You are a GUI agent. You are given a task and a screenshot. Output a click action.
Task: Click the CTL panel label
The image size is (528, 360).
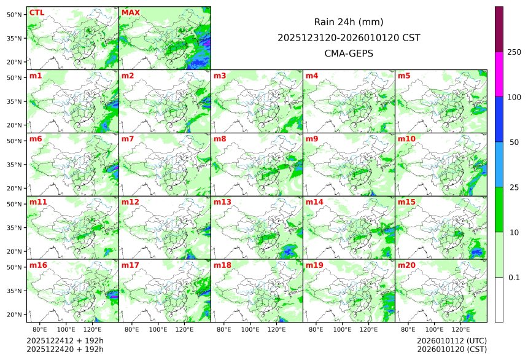pos(37,12)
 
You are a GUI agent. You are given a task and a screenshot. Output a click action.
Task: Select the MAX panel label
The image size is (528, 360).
pos(131,12)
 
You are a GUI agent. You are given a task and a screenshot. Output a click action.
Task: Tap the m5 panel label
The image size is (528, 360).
pos(404,76)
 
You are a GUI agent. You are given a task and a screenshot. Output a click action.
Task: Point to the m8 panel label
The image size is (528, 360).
pos(220,139)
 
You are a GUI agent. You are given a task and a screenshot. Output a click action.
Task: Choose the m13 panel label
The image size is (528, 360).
pos(222,202)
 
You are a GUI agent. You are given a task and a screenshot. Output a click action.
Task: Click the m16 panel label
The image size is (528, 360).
pos(38,265)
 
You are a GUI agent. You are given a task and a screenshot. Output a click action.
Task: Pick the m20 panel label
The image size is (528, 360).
pos(406,265)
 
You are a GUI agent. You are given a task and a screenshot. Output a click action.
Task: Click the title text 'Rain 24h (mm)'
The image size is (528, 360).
pos(349,22)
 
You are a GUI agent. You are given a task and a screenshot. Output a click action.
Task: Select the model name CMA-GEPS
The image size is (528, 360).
pos(349,53)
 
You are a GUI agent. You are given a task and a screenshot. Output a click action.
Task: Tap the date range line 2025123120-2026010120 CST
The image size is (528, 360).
pos(349,37)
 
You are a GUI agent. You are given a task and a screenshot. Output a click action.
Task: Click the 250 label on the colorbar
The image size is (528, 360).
pos(514,52)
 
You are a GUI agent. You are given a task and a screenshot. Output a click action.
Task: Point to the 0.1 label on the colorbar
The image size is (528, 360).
pos(514,277)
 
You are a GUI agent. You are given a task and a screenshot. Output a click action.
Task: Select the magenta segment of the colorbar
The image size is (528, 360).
pos(499,74)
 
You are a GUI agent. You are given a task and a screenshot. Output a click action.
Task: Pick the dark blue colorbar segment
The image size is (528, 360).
pos(499,119)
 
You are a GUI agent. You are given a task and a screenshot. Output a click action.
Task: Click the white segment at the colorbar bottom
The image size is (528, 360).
pos(499,299)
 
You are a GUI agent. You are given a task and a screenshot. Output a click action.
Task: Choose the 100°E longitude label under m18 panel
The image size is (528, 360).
pos(250,330)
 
